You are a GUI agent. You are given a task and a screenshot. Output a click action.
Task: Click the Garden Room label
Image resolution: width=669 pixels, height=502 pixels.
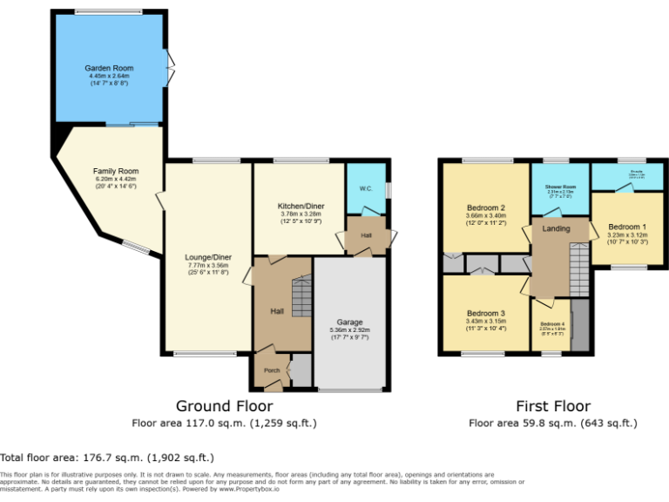coord(108,67)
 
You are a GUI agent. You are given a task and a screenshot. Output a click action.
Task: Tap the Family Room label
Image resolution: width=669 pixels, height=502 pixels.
coord(116,171)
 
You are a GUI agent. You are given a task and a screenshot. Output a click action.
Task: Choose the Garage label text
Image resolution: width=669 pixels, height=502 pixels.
coord(349,322)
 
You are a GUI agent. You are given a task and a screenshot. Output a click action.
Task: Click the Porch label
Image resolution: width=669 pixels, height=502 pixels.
coord(270,370)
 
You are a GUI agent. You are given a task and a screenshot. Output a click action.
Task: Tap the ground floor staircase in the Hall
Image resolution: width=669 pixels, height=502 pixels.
coord(301,295)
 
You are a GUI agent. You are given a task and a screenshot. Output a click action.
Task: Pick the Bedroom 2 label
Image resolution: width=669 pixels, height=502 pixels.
coord(486,207)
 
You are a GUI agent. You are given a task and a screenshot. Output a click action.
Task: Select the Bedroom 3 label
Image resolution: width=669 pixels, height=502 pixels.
coord(486,313)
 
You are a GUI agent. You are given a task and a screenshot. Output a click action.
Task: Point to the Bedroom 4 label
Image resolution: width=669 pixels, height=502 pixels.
coord(552,324)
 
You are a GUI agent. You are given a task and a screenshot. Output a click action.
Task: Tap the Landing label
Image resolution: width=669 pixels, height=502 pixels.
coord(556,228)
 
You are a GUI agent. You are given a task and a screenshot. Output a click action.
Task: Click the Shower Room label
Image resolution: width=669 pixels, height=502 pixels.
coord(561,187)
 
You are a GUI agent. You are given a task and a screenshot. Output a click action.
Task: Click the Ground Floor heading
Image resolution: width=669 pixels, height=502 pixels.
coord(224,406)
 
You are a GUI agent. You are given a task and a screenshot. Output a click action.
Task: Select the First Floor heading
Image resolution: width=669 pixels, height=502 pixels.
coord(553,406)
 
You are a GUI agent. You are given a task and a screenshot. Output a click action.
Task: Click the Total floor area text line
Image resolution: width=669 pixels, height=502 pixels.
coord(107,457)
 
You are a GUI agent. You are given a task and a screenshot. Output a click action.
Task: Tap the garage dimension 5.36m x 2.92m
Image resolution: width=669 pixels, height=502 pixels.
coord(349,330)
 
